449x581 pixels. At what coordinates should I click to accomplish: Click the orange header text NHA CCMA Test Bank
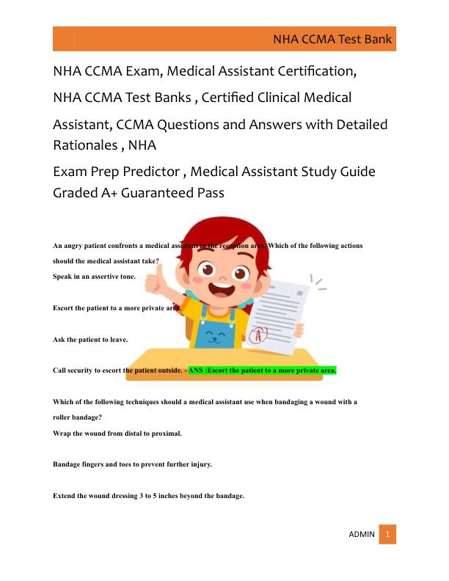332,40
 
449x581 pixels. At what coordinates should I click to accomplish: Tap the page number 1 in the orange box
387,534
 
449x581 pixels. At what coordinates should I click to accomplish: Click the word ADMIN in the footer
361,534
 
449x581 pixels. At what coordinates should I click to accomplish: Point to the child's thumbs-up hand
156,277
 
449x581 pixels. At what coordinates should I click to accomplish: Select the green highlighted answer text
262,370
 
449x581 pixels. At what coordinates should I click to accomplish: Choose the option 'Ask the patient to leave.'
90,340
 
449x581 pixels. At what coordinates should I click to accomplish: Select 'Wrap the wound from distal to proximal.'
117,433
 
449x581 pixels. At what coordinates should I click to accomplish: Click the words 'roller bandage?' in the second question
77,417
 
